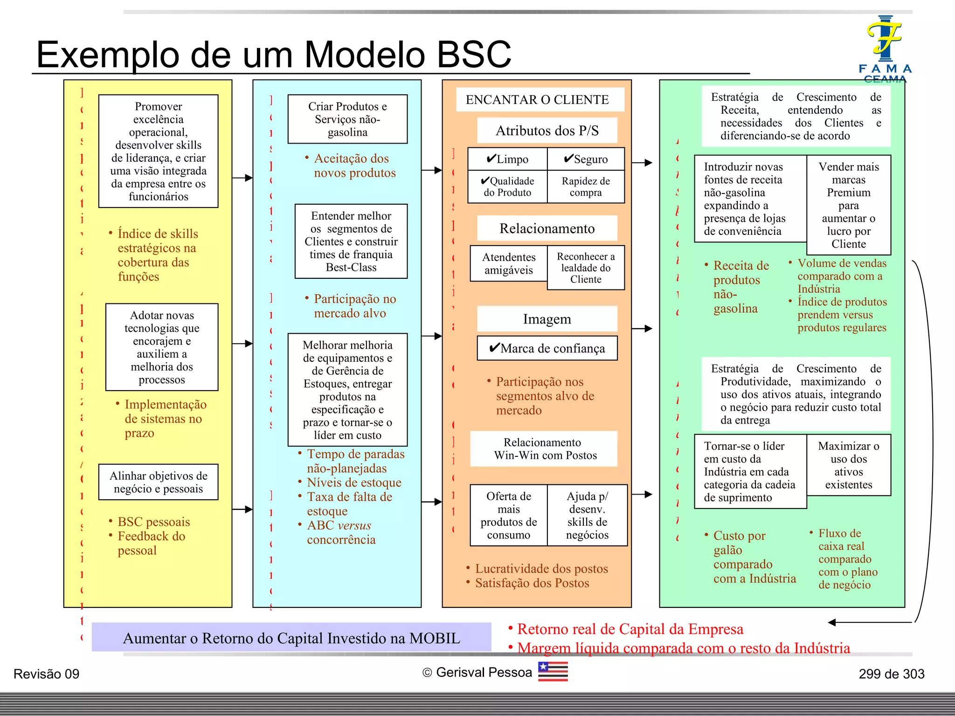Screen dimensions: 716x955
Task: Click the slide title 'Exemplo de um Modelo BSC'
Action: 274,55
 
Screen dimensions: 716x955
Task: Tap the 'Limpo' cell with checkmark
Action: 507,159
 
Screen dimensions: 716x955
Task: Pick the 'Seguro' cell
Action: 586,159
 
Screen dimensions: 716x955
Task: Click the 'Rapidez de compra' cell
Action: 586,187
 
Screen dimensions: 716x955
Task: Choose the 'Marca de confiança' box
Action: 547,348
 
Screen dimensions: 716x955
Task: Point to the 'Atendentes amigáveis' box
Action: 508,264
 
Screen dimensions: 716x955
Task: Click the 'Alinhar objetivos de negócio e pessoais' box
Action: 159,482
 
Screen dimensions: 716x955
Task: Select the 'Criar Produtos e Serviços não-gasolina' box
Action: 347,119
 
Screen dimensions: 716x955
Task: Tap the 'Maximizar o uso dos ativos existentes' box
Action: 849,465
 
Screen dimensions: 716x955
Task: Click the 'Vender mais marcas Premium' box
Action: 849,205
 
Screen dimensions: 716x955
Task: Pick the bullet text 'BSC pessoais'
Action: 153,522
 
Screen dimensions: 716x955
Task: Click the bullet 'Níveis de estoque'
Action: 354,482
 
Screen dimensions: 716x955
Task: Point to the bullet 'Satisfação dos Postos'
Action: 532,583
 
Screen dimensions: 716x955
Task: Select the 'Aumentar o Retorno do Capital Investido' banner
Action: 291,638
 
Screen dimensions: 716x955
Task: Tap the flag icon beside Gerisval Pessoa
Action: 553,672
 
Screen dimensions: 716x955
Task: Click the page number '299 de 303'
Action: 891,674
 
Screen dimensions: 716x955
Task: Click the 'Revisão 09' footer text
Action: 47,674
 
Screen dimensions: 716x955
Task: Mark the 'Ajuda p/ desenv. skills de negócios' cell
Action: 587,516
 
